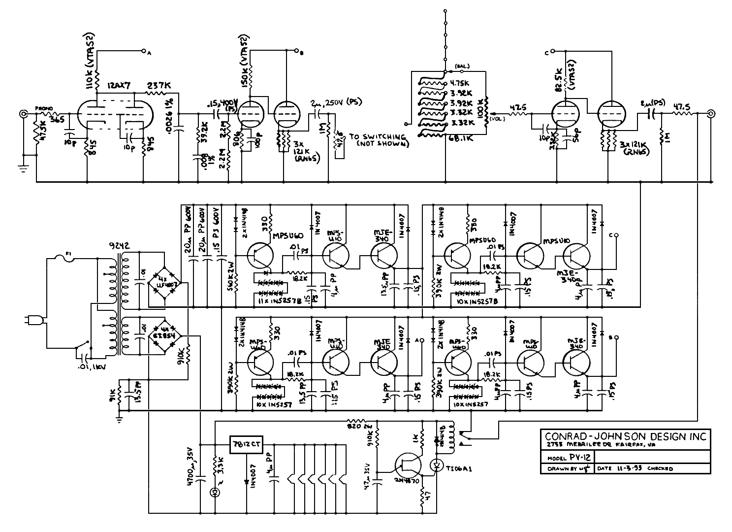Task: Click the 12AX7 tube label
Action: click(x=118, y=85)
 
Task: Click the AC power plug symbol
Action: click(x=32, y=321)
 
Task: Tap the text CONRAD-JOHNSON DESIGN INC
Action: click(x=625, y=436)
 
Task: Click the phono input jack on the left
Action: click(x=23, y=114)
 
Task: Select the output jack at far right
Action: click(x=710, y=114)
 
